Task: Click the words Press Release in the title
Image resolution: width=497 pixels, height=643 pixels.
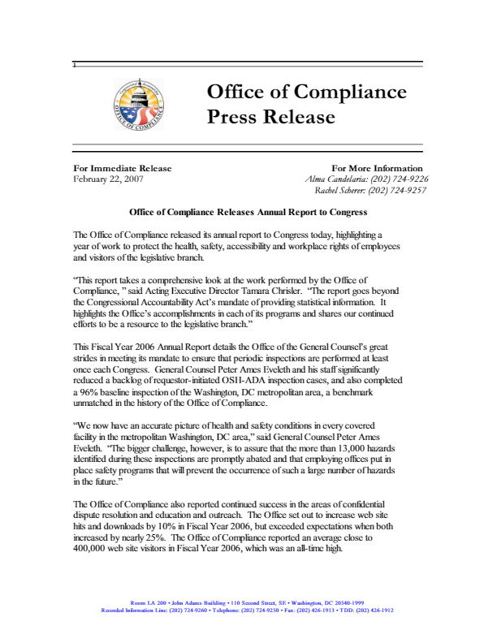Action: [260, 118]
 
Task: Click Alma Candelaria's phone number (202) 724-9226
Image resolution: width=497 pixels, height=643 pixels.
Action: [397, 179]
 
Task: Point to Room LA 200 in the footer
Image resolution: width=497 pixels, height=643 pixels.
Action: [146, 602]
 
